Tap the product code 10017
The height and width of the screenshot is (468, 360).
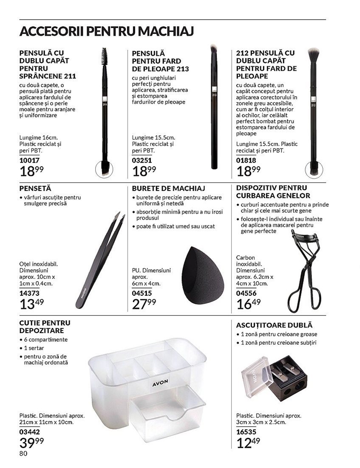(29, 160)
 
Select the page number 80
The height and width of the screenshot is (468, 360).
(23, 454)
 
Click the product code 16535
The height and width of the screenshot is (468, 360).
(246, 431)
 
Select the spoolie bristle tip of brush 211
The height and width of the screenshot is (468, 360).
(104, 55)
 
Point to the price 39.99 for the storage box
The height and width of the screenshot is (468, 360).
(31, 442)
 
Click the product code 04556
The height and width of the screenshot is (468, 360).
(246, 293)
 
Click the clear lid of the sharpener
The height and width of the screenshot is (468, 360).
(257, 376)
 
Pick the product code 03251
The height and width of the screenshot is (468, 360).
(142, 160)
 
